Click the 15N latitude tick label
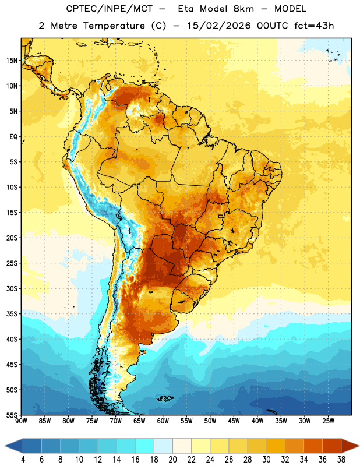(x=11, y=61)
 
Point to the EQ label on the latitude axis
(x=13, y=137)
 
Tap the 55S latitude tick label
(x=12, y=415)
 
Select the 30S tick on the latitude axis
(x=12, y=288)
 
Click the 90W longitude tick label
(x=21, y=421)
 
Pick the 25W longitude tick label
(x=328, y=421)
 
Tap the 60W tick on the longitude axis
(x=163, y=421)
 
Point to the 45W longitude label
(x=234, y=421)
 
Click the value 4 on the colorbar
(x=23, y=460)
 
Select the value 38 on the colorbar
(x=341, y=460)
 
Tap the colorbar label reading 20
(x=172, y=460)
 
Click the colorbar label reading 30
(x=266, y=460)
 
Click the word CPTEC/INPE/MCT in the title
(x=109, y=9)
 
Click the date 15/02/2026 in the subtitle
(x=219, y=26)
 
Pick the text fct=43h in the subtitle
(x=314, y=26)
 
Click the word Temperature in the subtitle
(x=114, y=26)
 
